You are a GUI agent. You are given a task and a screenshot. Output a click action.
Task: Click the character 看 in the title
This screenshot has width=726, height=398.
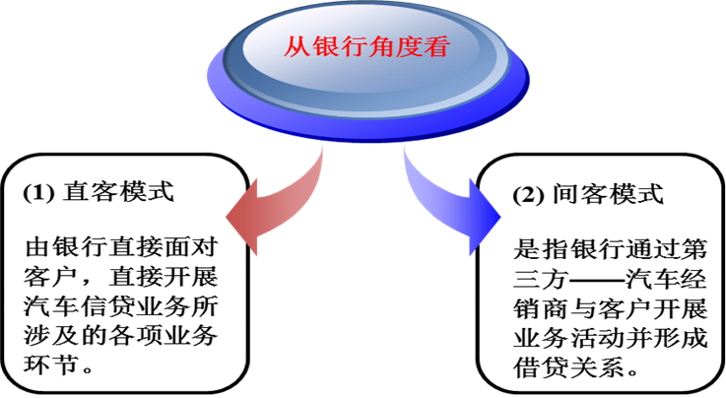(432, 45)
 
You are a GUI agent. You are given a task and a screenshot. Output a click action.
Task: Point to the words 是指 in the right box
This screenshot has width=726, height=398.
(537, 244)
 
